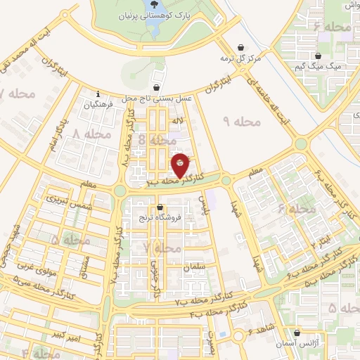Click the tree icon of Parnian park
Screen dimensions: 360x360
tap(154, 4)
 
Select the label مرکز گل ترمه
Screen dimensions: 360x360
tap(240, 57)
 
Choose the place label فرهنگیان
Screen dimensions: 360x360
tap(98, 105)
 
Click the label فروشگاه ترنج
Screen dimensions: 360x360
tap(161, 217)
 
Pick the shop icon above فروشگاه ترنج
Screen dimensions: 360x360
tap(161, 207)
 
